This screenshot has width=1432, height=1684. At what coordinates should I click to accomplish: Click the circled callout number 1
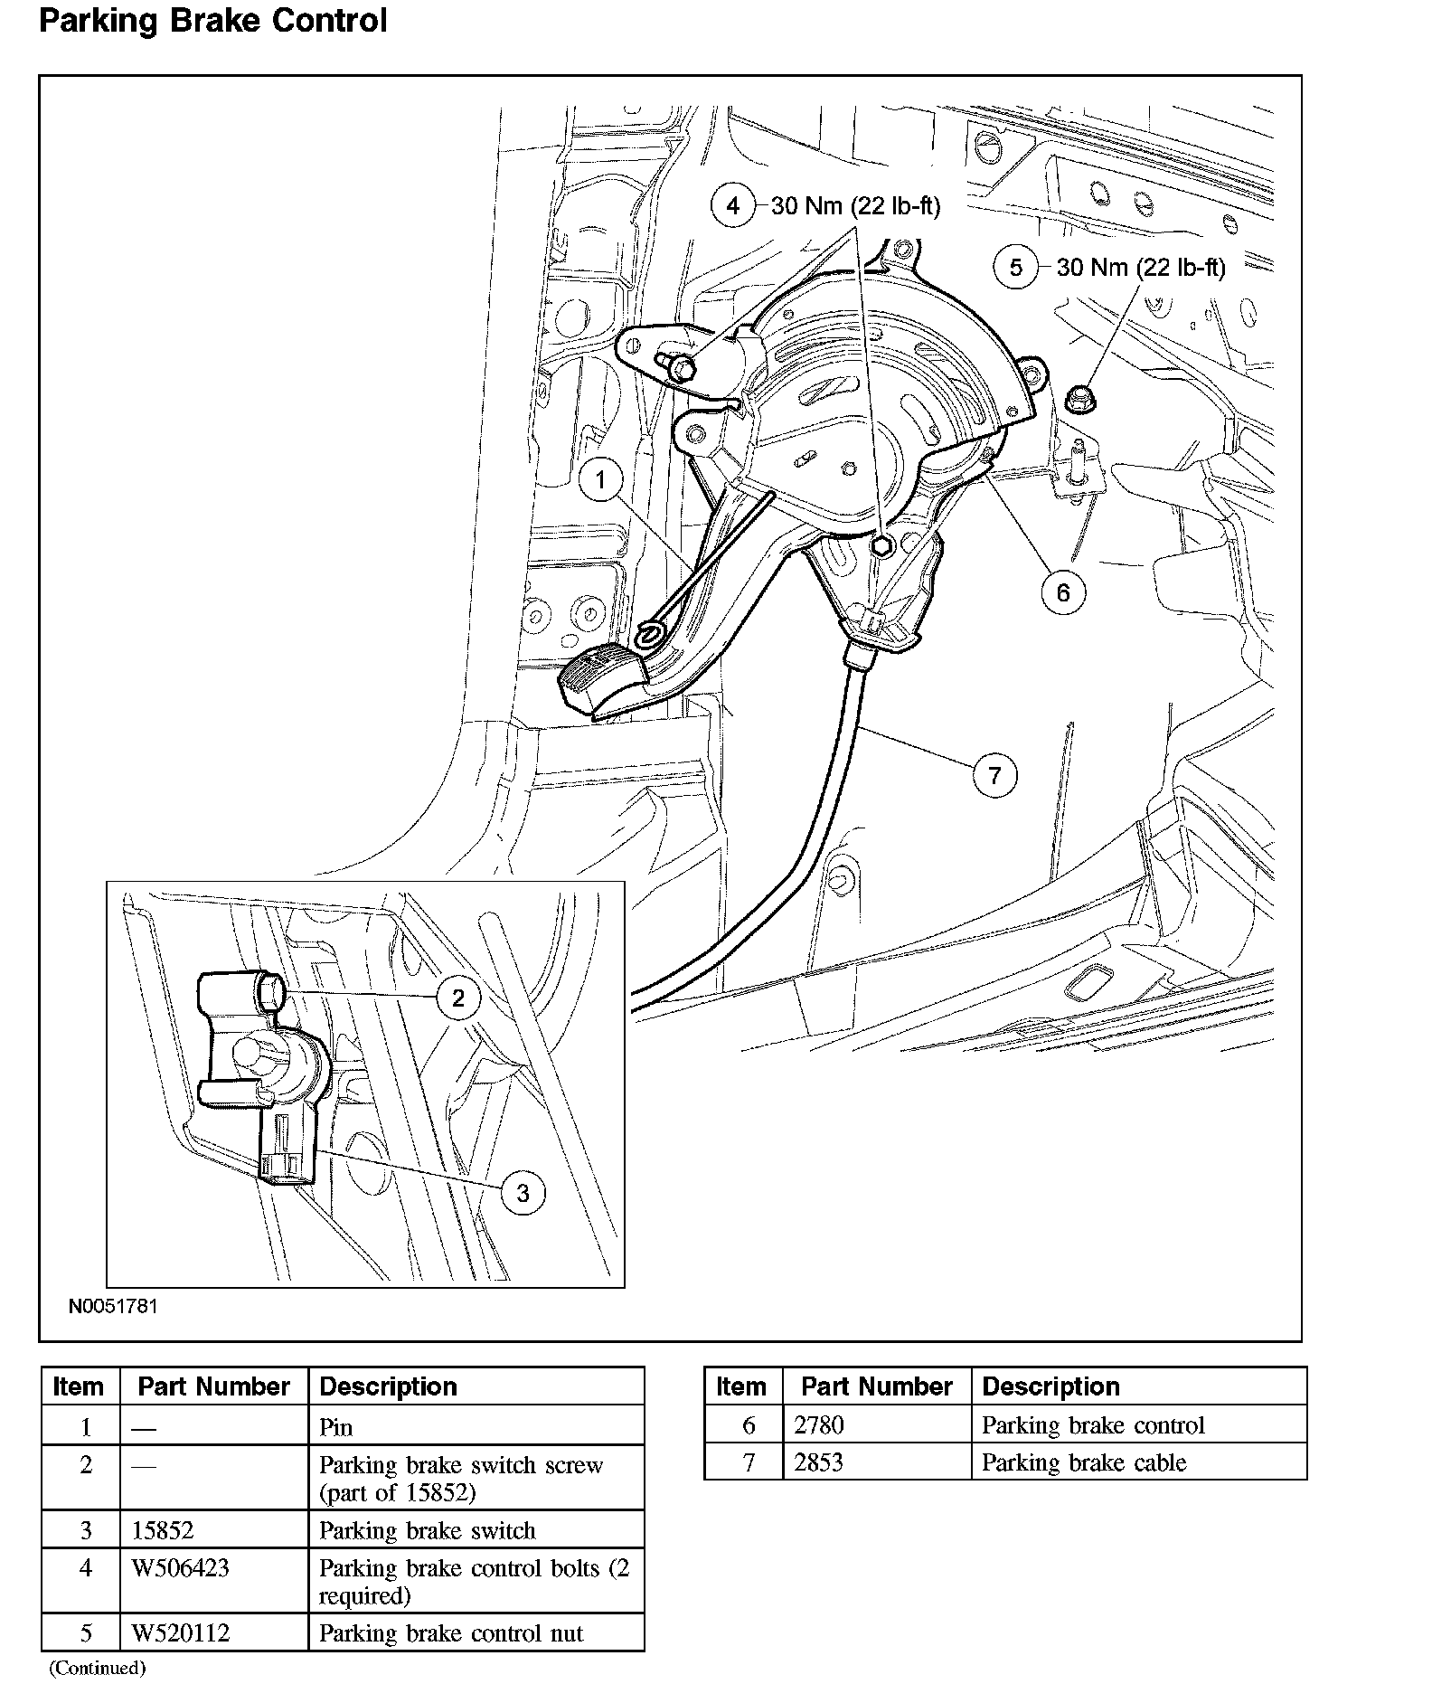601,478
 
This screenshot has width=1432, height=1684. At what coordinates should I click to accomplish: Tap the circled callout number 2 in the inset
458,998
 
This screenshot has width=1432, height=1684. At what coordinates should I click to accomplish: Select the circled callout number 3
523,1193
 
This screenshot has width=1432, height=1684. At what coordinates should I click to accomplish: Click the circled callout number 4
732,206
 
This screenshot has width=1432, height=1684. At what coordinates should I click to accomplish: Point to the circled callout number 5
1016,267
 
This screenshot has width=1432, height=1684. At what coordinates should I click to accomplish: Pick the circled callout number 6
1062,592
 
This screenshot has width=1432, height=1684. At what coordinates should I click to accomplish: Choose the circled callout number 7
995,775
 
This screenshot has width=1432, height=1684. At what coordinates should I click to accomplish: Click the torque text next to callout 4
855,207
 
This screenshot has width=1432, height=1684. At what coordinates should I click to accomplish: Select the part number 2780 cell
819,1425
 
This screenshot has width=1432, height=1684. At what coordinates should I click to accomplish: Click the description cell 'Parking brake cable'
1084,1462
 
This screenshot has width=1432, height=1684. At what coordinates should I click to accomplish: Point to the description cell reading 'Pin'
336,1427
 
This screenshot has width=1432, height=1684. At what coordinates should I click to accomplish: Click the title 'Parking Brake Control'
213,20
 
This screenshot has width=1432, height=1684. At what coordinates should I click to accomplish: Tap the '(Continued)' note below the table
97,1668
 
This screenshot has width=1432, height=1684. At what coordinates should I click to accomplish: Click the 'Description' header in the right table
1050,1386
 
